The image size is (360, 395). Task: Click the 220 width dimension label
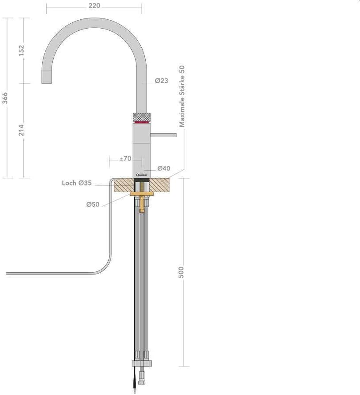click(x=94, y=6)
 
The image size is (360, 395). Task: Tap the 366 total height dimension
click(x=5, y=98)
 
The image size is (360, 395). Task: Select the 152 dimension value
click(x=21, y=51)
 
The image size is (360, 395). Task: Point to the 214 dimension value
click(x=21, y=130)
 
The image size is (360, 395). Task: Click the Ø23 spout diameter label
click(x=161, y=81)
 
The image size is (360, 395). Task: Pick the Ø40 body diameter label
click(x=163, y=168)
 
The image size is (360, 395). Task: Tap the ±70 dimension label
click(x=125, y=158)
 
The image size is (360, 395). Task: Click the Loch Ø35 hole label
click(x=77, y=183)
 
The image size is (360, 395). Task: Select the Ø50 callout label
click(x=92, y=205)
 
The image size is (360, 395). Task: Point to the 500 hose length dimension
click(x=181, y=272)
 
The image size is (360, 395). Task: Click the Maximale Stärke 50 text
click(x=182, y=96)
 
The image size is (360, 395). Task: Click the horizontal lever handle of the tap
click(x=163, y=135)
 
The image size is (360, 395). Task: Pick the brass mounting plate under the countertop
click(x=142, y=194)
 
